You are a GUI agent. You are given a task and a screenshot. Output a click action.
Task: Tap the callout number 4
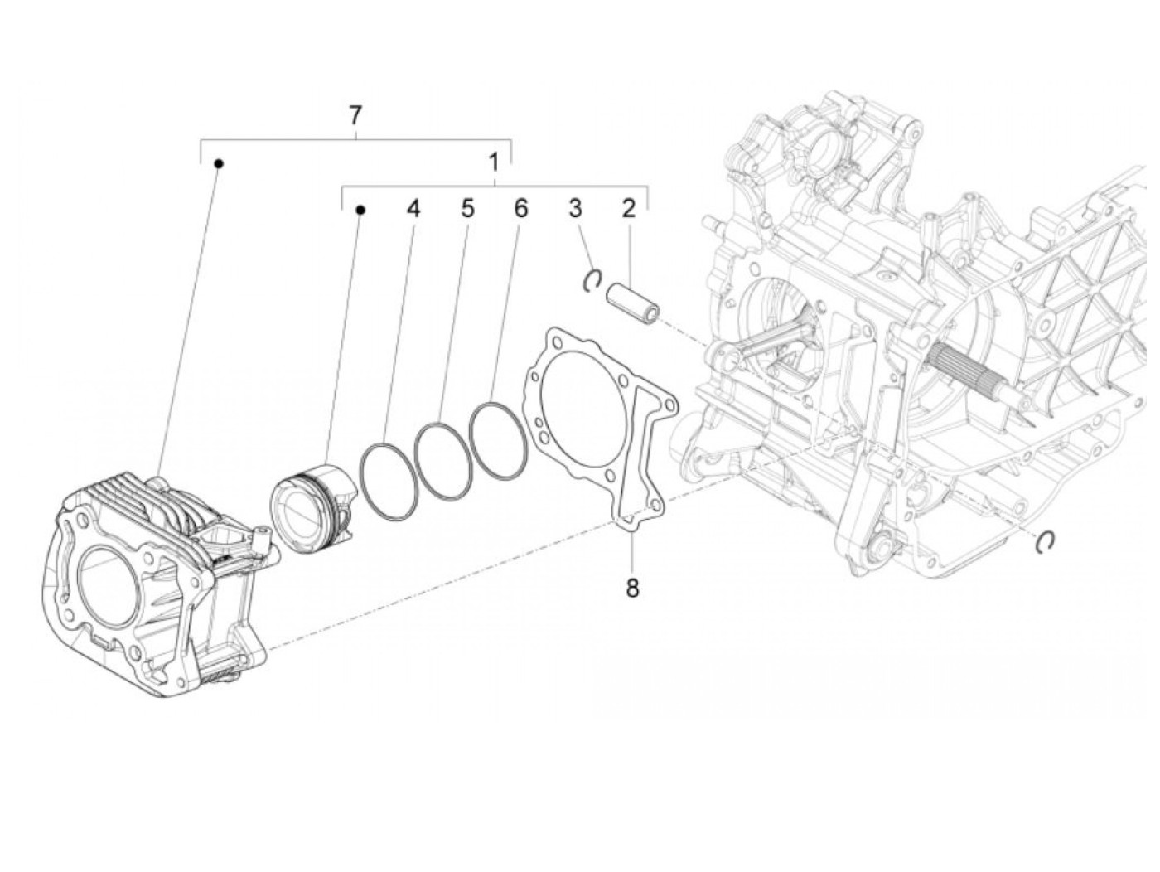[413, 209]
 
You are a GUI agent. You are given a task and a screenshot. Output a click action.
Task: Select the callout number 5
[468, 209]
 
